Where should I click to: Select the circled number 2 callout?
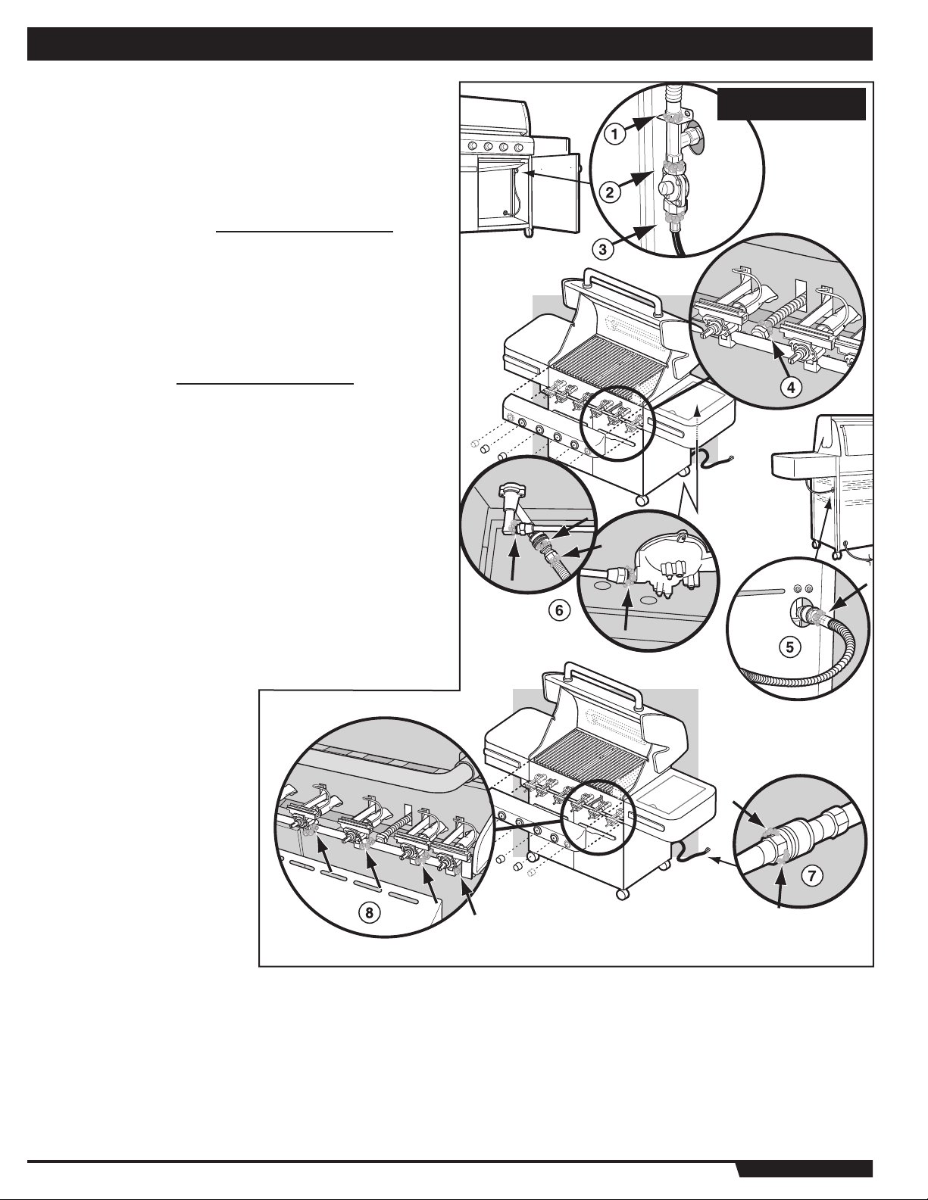[x=609, y=192]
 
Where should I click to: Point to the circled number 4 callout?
[x=791, y=388]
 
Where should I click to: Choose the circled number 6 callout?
[x=559, y=610]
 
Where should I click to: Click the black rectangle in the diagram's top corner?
[x=791, y=103]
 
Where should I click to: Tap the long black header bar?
[x=450, y=44]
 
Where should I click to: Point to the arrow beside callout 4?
[x=776, y=354]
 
